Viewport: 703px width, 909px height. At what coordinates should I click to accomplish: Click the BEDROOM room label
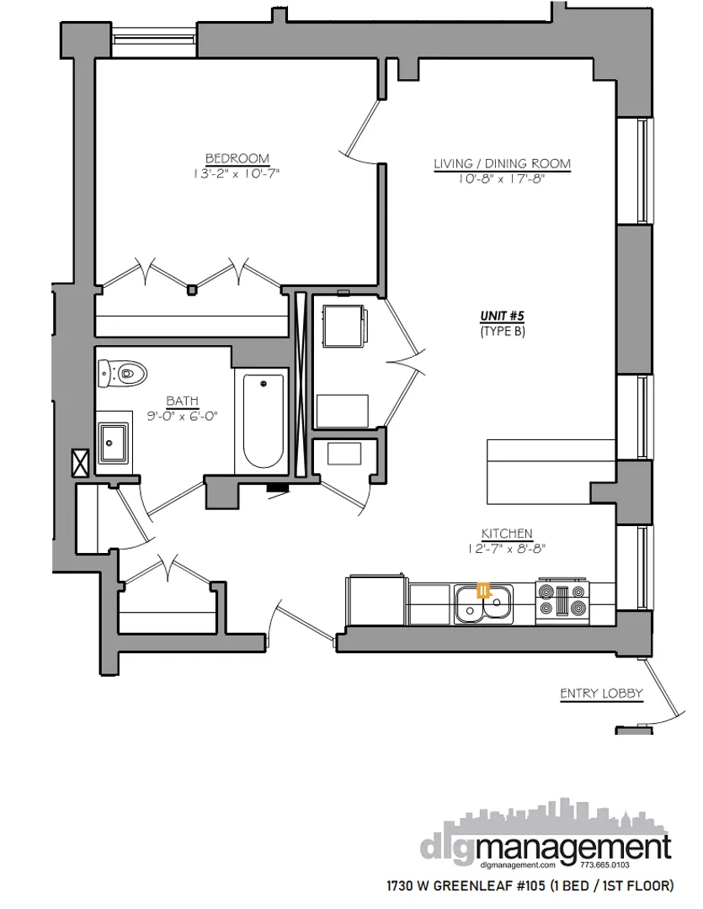[237, 158]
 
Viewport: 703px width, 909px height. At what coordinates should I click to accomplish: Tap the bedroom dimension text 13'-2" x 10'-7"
[237, 174]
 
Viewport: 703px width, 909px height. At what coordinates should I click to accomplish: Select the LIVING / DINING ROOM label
[502, 163]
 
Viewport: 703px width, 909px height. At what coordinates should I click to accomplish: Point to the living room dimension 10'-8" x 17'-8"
[502, 179]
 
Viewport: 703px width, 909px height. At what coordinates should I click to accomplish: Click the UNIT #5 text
[503, 316]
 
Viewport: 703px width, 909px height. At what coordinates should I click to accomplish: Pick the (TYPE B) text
[503, 331]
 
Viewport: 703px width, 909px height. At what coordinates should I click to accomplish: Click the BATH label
[182, 401]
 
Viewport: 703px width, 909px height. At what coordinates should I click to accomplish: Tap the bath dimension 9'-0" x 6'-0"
[182, 416]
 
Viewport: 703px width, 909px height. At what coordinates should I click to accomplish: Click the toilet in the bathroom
[122, 371]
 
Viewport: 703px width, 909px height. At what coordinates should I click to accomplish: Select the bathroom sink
[112, 443]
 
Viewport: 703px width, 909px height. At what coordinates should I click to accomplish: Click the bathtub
[264, 421]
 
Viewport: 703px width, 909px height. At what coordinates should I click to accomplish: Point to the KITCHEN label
[507, 534]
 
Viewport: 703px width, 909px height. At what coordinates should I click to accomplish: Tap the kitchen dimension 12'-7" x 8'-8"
[507, 549]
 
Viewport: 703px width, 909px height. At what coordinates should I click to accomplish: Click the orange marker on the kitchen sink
[483, 590]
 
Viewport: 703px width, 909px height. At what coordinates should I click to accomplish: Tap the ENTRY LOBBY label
[602, 694]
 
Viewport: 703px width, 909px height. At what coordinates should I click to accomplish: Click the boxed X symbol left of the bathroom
[81, 460]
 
